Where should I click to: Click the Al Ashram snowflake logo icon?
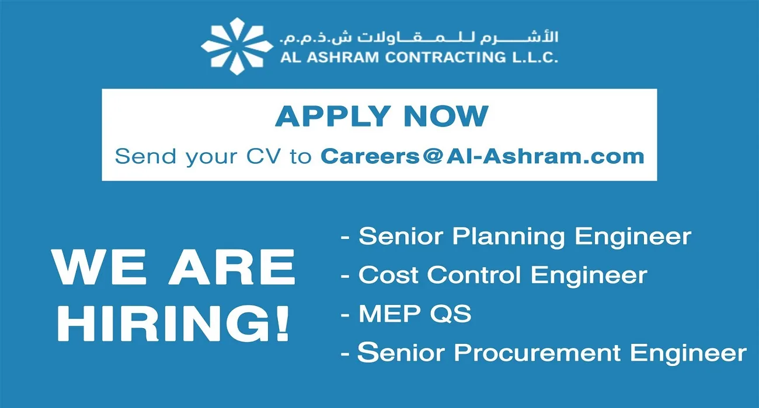[236, 46]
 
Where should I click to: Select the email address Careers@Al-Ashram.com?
[482, 156]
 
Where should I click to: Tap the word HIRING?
[174, 321]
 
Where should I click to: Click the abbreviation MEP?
[386, 314]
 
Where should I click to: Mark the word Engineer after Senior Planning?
[633, 237]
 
